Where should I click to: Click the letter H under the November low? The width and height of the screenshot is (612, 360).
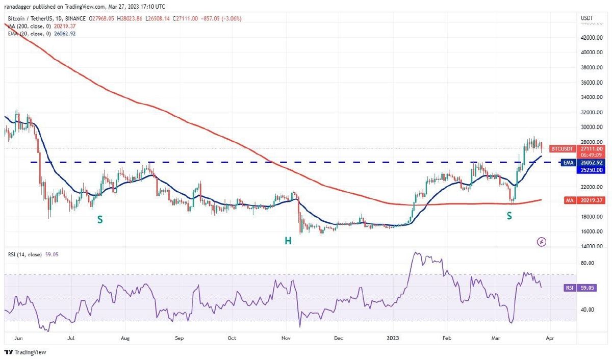point(288,240)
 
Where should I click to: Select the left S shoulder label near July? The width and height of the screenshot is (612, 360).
point(100,220)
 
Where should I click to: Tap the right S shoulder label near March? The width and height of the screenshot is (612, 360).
point(509,216)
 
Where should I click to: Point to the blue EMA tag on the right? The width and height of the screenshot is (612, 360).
point(566,163)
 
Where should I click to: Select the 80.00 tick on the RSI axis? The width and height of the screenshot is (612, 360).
point(588,263)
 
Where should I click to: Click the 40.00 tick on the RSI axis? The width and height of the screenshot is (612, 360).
point(588,310)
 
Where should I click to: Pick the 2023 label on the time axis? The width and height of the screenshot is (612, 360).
point(393,338)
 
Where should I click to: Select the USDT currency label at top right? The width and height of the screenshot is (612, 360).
point(587,18)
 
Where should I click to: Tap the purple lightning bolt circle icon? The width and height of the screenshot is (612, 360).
point(542,242)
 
